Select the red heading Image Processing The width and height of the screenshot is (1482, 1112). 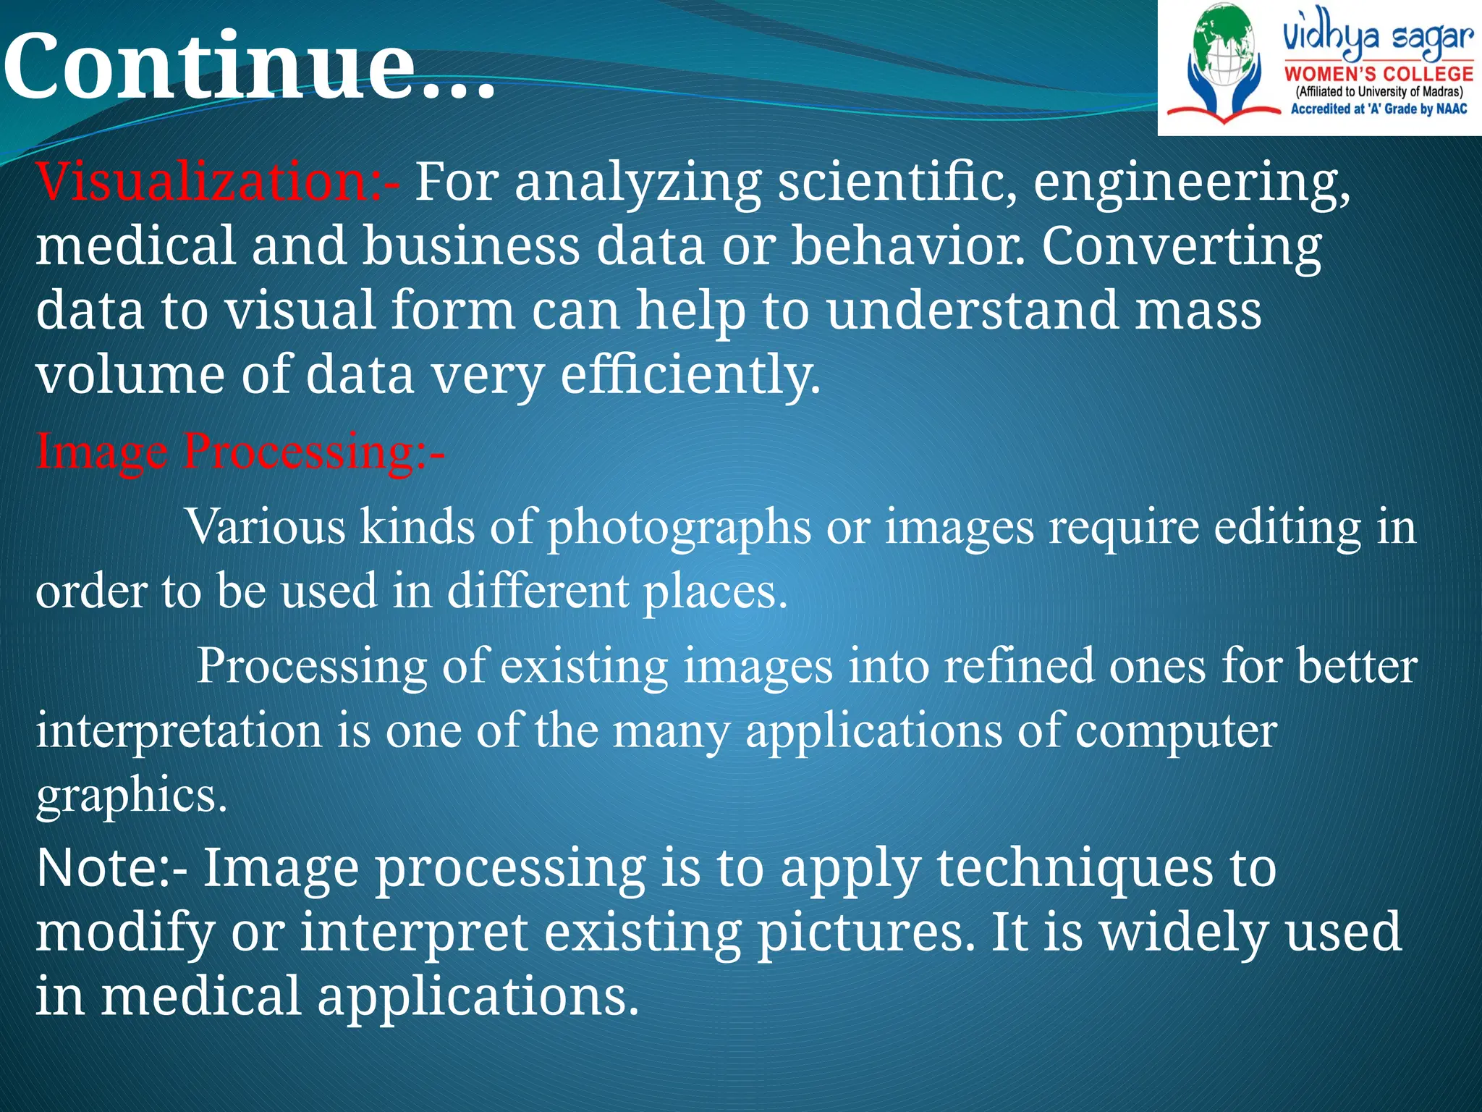[239, 451]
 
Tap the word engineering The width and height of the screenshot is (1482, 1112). [1190, 182]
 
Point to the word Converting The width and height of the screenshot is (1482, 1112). [1181, 246]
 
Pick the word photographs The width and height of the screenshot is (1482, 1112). [679, 527]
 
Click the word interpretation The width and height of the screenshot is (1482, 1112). [179, 730]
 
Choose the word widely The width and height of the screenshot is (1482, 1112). [1183, 932]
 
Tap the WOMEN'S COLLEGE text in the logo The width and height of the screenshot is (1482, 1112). [1379, 74]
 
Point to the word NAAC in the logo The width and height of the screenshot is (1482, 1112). [1452, 109]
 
